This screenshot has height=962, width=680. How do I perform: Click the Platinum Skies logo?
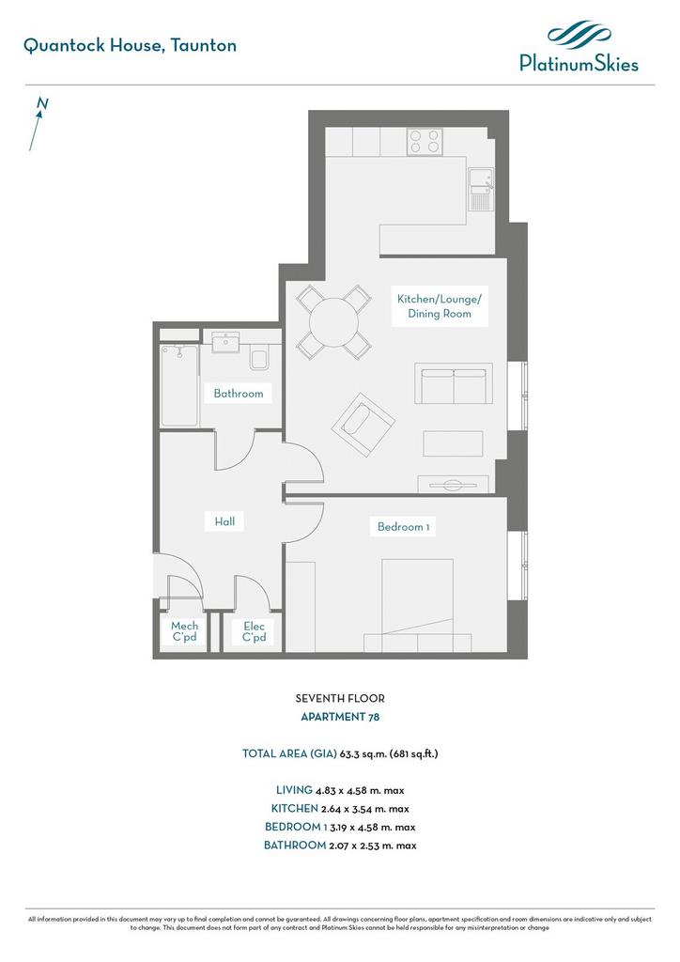point(579,47)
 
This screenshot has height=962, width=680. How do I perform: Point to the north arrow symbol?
point(38,124)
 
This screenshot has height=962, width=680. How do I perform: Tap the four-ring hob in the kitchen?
point(425,141)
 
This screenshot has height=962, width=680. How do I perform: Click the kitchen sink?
point(481,189)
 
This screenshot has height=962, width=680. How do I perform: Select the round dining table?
point(333,322)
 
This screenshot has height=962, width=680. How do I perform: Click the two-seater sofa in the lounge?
point(453,383)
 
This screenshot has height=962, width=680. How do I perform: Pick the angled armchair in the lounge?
point(363,425)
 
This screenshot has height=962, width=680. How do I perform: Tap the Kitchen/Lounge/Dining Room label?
point(440,306)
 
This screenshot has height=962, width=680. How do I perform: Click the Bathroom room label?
point(239,394)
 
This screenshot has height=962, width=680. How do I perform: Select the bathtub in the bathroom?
point(179,385)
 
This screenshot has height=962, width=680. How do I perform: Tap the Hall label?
point(224,521)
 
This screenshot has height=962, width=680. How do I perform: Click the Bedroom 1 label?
point(403,526)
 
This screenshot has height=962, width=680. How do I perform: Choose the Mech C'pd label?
point(185,631)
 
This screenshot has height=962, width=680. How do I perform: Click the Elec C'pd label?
point(254,631)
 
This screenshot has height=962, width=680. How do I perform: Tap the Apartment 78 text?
point(340,717)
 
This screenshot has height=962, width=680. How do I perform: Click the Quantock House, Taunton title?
point(130,46)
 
